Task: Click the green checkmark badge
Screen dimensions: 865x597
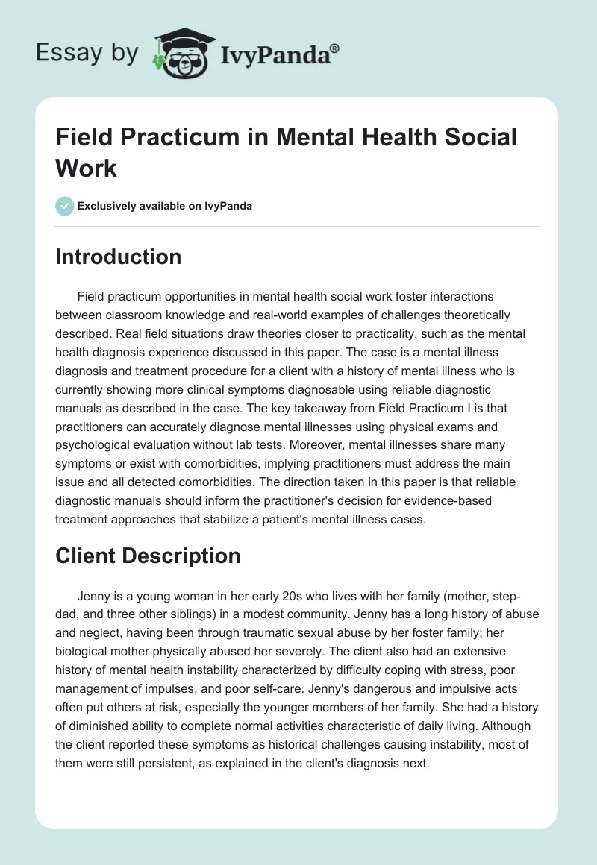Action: pos(64,206)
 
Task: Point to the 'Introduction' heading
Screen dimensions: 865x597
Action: pos(119,257)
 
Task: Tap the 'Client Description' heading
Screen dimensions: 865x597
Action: pos(148,556)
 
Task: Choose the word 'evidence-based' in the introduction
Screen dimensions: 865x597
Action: pos(454,500)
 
